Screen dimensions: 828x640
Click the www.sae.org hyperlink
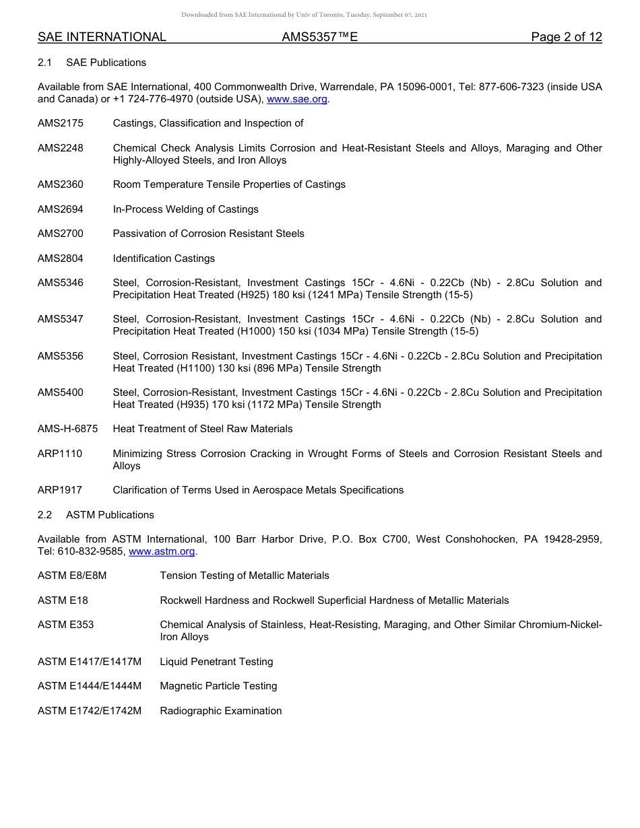click(x=297, y=99)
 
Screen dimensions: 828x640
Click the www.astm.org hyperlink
click(x=162, y=551)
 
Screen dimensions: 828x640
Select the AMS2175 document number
click(x=61, y=123)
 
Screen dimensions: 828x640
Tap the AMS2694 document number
click(x=61, y=209)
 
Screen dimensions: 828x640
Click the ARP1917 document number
click(x=60, y=490)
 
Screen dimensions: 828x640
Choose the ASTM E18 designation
click(x=63, y=600)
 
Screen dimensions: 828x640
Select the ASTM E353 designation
click(x=65, y=625)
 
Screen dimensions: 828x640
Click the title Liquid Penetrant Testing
click(x=216, y=662)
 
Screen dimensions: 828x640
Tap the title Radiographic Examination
click(x=220, y=711)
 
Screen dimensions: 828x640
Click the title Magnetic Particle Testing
click(x=218, y=686)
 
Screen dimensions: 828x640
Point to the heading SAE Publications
click(x=106, y=63)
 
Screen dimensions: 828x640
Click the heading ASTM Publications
click(x=110, y=515)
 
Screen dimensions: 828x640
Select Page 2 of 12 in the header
click(x=566, y=37)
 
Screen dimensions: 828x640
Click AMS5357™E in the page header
click(x=319, y=37)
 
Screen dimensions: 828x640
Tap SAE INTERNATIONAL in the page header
click(x=102, y=37)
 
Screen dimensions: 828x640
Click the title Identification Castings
click(x=164, y=258)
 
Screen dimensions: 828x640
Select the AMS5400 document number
click(x=61, y=392)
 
